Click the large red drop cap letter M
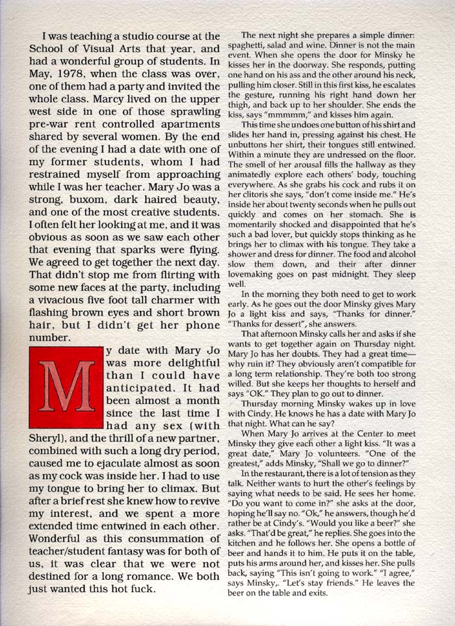pyautogui.click(x=66, y=385)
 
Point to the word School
pyautogui.click(x=58, y=51)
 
